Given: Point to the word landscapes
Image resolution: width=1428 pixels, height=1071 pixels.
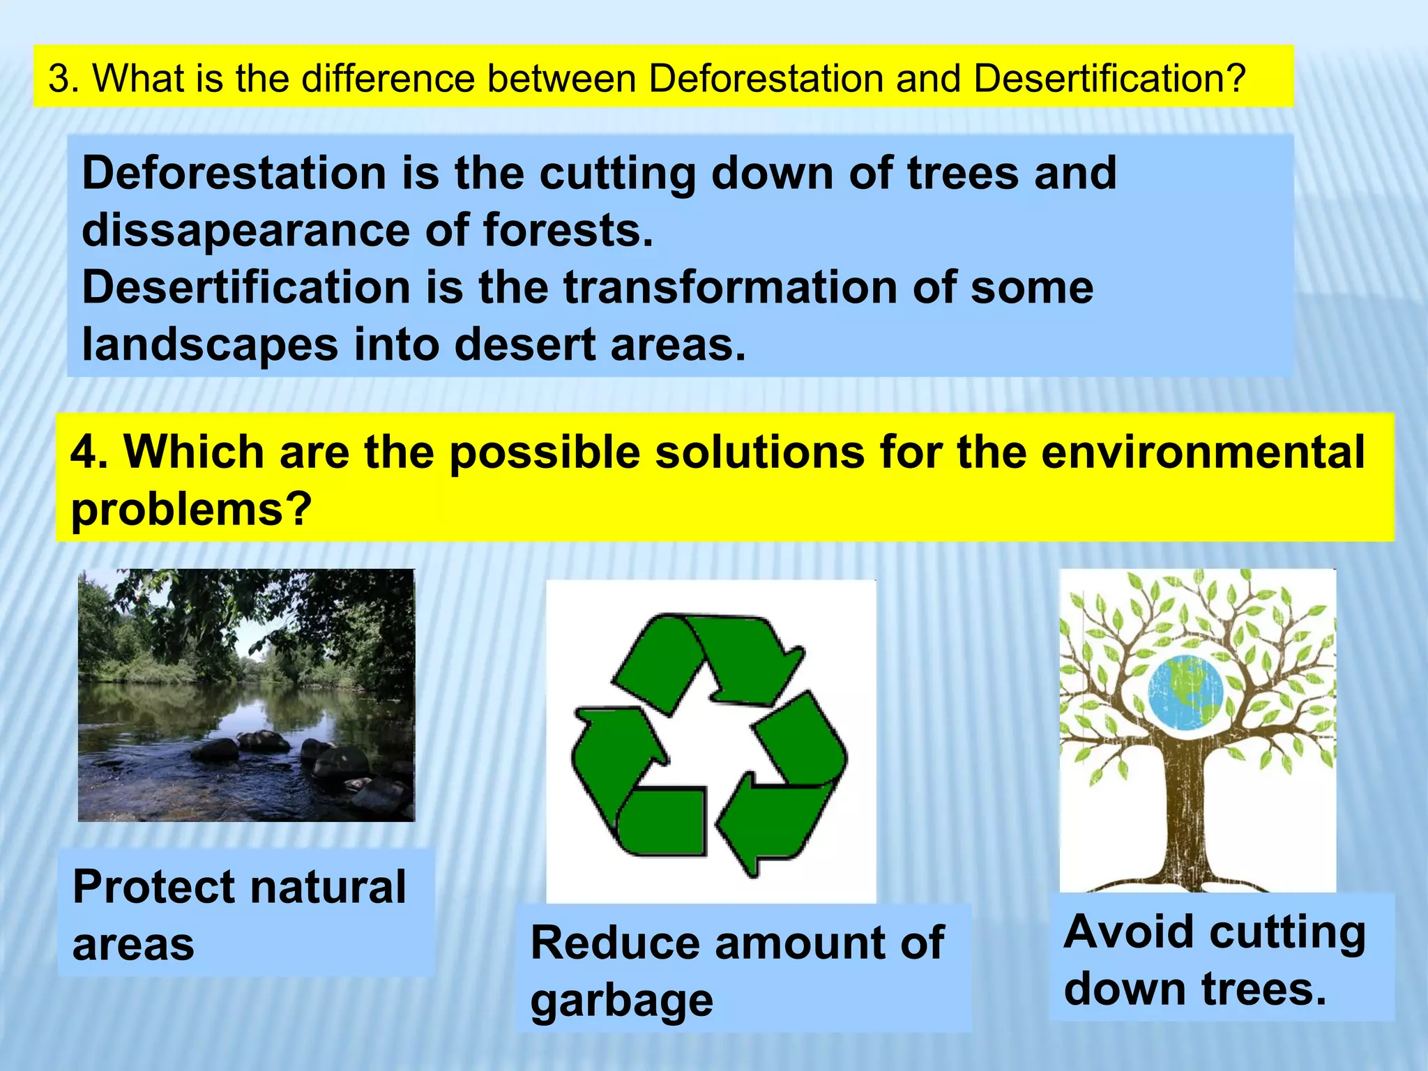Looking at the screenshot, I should point(209,344).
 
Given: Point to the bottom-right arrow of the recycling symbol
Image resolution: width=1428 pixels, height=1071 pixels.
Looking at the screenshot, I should point(788,788).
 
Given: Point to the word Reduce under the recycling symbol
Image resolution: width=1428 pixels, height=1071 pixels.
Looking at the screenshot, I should point(614,943).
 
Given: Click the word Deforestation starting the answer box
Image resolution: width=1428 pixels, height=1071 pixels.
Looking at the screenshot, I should point(234,173).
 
